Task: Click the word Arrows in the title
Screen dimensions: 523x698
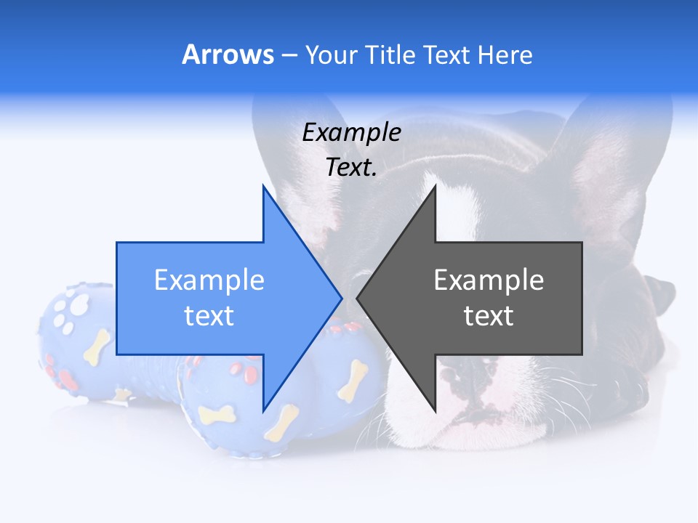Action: click(x=228, y=54)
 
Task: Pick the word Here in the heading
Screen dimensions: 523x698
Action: click(x=505, y=54)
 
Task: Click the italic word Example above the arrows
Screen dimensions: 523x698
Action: click(x=351, y=132)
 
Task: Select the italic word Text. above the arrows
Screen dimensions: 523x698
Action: click(x=351, y=167)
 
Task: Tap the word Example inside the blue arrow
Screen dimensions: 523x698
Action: click(x=209, y=280)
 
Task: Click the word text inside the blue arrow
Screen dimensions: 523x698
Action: click(x=209, y=315)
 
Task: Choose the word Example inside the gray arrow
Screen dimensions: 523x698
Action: click(x=489, y=280)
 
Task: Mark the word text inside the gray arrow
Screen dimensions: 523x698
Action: click(x=489, y=315)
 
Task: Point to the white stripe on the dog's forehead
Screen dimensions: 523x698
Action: click(x=454, y=203)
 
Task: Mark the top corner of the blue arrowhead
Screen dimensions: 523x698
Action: click(x=263, y=187)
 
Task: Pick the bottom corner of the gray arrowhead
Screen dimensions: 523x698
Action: click(x=435, y=410)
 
